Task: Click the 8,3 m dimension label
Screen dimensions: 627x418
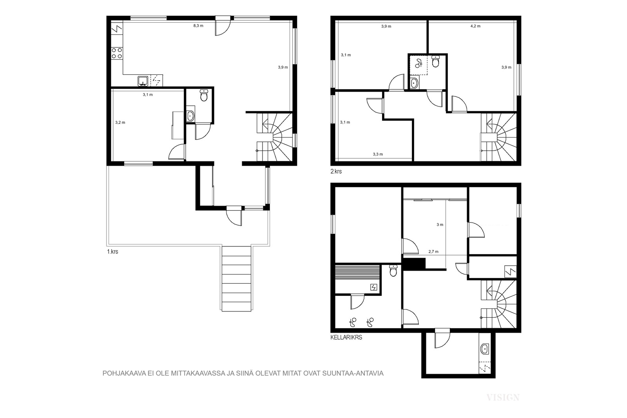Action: pyautogui.click(x=198, y=26)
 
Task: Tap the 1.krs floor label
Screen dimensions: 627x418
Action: pyautogui.click(x=112, y=252)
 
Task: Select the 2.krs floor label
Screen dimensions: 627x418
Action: pyautogui.click(x=336, y=171)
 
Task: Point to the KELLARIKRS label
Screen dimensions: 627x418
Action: pyautogui.click(x=346, y=337)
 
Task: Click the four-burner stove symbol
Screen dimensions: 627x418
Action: pyautogui.click(x=117, y=53)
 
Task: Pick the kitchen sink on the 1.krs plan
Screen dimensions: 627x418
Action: pyautogui.click(x=143, y=81)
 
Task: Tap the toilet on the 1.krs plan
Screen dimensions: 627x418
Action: pyautogui.click(x=204, y=95)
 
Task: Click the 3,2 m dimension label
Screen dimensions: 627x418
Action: pyautogui.click(x=120, y=122)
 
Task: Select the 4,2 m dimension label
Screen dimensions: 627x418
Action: pyautogui.click(x=475, y=26)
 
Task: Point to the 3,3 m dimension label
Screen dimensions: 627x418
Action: pyautogui.click(x=378, y=154)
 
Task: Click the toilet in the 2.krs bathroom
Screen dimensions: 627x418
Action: pyautogui.click(x=435, y=62)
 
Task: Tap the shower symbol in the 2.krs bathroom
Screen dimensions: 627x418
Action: pyautogui.click(x=419, y=64)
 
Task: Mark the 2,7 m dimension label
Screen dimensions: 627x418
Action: pyautogui.click(x=433, y=252)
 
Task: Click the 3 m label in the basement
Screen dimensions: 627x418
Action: pyautogui.click(x=440, y=224)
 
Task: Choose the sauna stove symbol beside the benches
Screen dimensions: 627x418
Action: pyautogui.click(x=374, y=287)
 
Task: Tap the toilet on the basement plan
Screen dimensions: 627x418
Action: pyautogui.click(x=393, y=271)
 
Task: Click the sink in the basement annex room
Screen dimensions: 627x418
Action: pyautogui.click(x=484, y=349)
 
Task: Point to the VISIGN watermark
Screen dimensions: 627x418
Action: pyautogui.click(x=503, y=397)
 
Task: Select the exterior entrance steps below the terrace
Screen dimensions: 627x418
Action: pyautogui.click(x=237, y=278)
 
